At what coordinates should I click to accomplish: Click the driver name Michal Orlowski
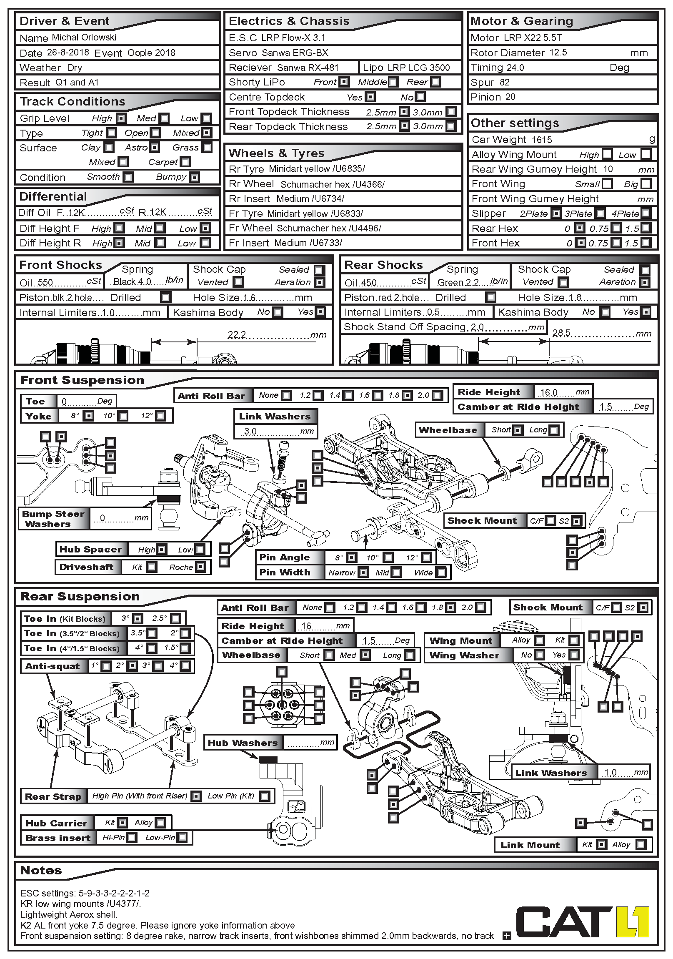pyautogui.click(x=84, y=38)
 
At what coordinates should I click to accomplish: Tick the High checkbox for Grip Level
pyautogui.click(x=121, y=118)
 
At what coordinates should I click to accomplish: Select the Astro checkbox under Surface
pyautogui.click(x=155, y=148)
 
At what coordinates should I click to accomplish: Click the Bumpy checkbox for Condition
pyautogui.click(x=194, y=177)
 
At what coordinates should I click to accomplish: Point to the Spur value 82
pyautogui.click(x=504, y=82)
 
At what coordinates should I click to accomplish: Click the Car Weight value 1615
pyautogui.click(x=541, y=140)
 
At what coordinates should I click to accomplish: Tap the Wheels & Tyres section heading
pyautogui.click(x=276, y=153)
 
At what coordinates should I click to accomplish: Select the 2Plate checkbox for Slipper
pyautogui.click(x=555, y=213)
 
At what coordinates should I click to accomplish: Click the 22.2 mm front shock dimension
pyautogui.click(x=237, y=334)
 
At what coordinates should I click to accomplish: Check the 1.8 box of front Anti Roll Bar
pyautogui.click(x=407, y=395)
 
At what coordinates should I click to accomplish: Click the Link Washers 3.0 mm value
pyautogui.click(x=250, y=431)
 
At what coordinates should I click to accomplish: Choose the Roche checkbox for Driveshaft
pyautogui.click(x=201, y=567)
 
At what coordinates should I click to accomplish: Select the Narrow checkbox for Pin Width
pyautogui.click(x=364, y=572)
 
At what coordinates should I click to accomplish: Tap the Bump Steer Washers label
pyautogui.click(x=53, y=519)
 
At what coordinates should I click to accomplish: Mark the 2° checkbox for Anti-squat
pyautogui.click(x=132, y=666)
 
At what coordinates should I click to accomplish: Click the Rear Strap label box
pyautogui.click(x=53, y=796)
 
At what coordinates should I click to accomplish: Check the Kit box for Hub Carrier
pyautogui.click(x=123, y=823)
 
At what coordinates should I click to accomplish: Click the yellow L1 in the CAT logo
pyautogui.click(x=633, y=921)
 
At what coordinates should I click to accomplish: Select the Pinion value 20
pyautogui.click(x=510, y=97)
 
